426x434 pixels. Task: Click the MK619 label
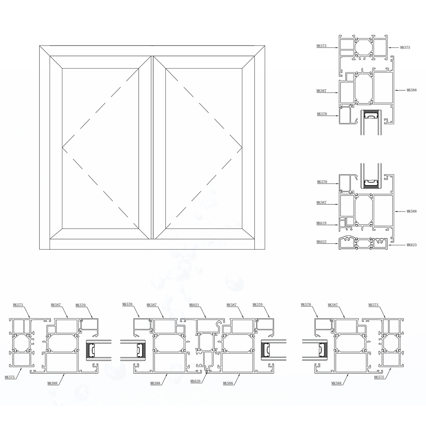[x=322, y=223]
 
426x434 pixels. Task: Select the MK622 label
[x=322, y=242]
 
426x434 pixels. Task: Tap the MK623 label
[x=412, y=245]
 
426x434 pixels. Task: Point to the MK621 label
[x=194, y=305]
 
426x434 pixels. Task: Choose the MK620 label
[x=195, y=381]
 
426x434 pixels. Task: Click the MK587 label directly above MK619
[x=322, y=202]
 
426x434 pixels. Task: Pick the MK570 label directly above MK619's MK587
[x=322, y=182]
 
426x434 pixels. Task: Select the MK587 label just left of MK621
[x=152, y=305]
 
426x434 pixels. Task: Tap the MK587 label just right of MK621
[x=231, y=305]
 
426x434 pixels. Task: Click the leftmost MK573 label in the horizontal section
[x=18, y=305]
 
